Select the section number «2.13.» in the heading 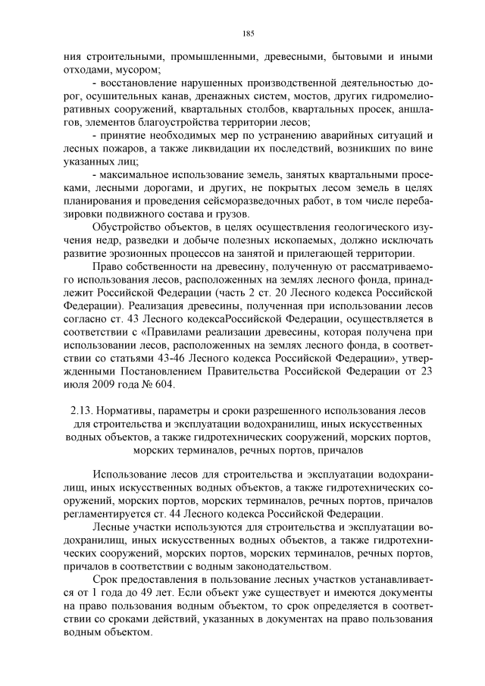coord(79,411)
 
